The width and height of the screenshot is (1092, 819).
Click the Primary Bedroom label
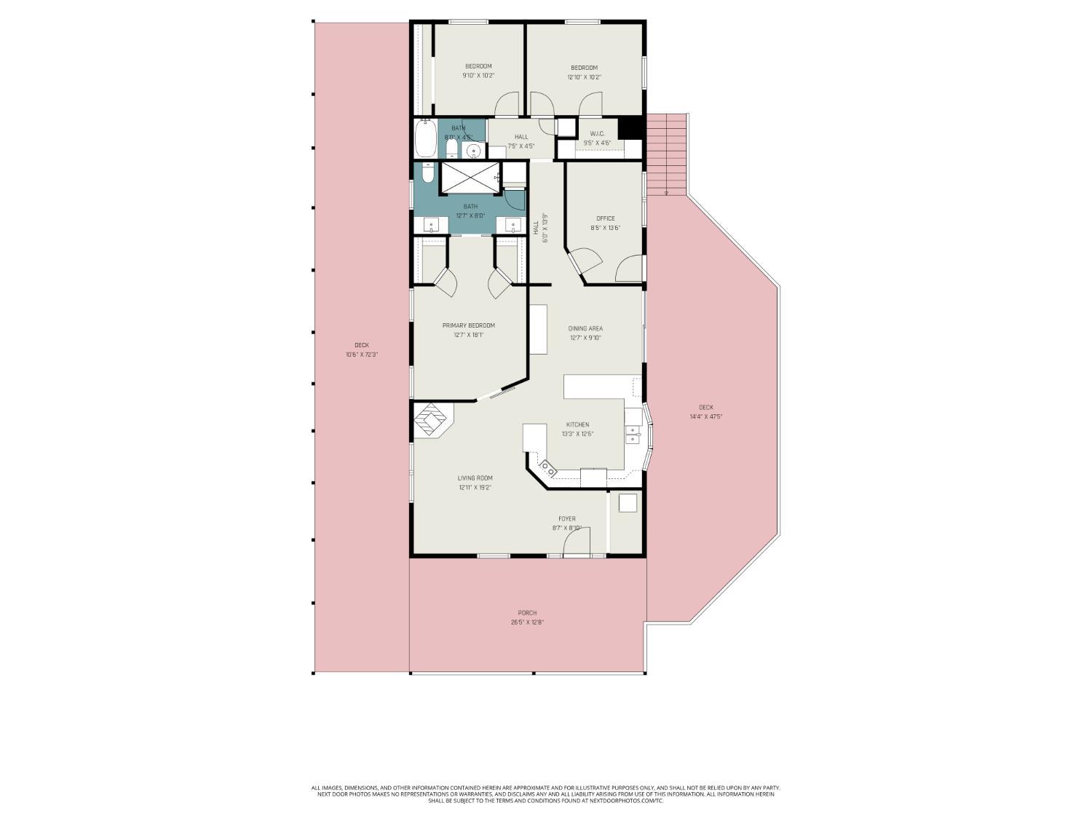click(468, 325)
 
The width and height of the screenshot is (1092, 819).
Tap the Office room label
click(605, 218)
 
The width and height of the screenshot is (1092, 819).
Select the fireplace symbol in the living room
click(432, 421)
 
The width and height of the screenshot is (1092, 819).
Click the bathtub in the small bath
click(425, 139)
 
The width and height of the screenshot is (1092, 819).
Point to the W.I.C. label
click(597, 134)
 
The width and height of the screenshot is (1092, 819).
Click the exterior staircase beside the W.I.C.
click(667, 153)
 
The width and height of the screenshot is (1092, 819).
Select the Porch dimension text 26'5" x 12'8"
click(527, 622)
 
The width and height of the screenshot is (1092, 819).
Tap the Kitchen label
click(578, 424)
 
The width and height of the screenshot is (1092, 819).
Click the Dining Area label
click(585, 328)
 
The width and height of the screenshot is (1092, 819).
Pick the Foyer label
click(566, 519)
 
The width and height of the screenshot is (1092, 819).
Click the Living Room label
click(475, 478)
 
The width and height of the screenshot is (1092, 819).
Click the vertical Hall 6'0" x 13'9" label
click(539, 232)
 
